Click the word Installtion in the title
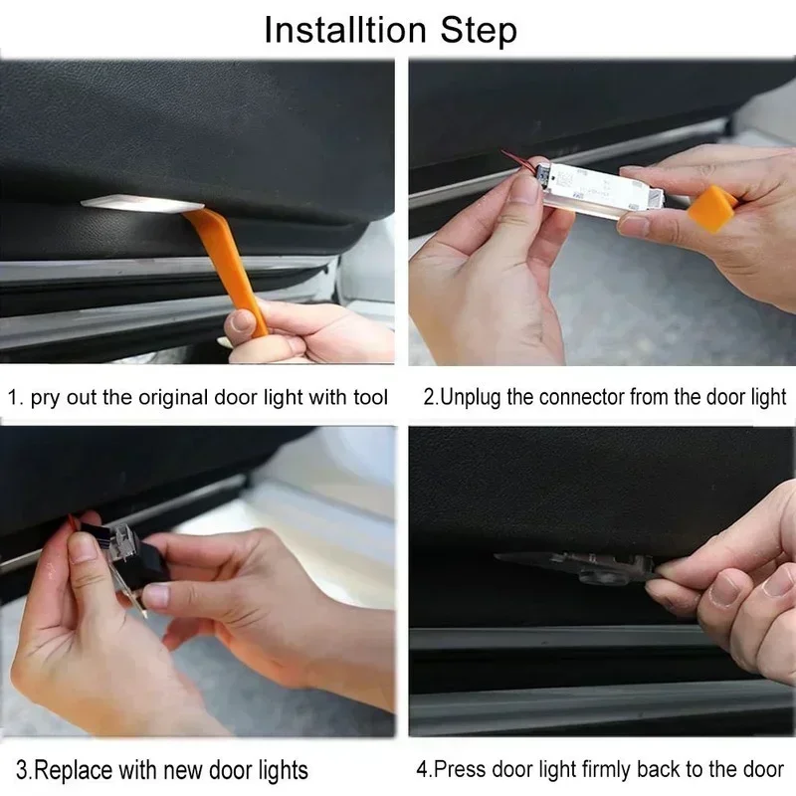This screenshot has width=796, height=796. pos(345,30)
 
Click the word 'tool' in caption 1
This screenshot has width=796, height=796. pos(370,397)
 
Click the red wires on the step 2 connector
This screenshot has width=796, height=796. pos(517,160)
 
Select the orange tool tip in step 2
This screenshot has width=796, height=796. pos(710,208)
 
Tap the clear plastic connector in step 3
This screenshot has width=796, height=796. pos(120,544)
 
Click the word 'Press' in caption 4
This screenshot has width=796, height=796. pos(459,769)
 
